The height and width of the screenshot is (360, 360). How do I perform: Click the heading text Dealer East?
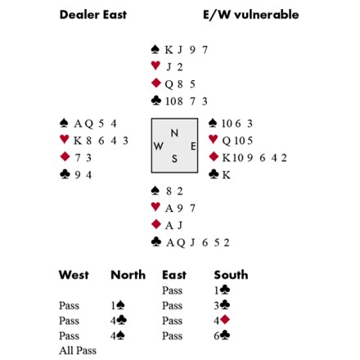click(93, 15)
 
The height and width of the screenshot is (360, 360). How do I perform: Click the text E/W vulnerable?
click(250, 15)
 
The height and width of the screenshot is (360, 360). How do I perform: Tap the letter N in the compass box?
click(174, 133)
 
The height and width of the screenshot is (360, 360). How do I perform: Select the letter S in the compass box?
click(174, 159)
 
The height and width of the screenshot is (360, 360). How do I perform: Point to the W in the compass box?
click(159, 146)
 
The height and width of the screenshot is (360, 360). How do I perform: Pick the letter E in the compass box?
click(193, 146)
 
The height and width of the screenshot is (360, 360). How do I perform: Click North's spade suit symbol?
click(155, 49)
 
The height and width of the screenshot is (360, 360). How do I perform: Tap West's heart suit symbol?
click(65, 139)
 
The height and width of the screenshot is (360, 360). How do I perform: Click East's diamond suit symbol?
click(214, 156)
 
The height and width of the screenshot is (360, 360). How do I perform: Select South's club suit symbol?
click(155, 241)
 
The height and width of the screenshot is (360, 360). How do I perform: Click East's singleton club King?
click(227, 175)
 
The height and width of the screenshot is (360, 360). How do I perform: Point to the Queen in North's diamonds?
click(169, 84)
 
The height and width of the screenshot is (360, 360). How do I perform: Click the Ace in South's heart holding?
click(169, 209)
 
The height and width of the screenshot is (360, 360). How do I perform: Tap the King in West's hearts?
click(78, 141)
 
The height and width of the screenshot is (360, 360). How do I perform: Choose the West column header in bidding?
click(74, 275)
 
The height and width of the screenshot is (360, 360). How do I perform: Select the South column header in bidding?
click(231, 275)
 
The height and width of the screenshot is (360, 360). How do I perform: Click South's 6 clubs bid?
click(222, 335)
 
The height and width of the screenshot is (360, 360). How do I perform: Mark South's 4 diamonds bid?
click(222, 320)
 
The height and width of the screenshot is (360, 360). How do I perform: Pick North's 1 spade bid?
click(118, 305)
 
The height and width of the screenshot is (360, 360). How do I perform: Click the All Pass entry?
click(78, 350)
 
